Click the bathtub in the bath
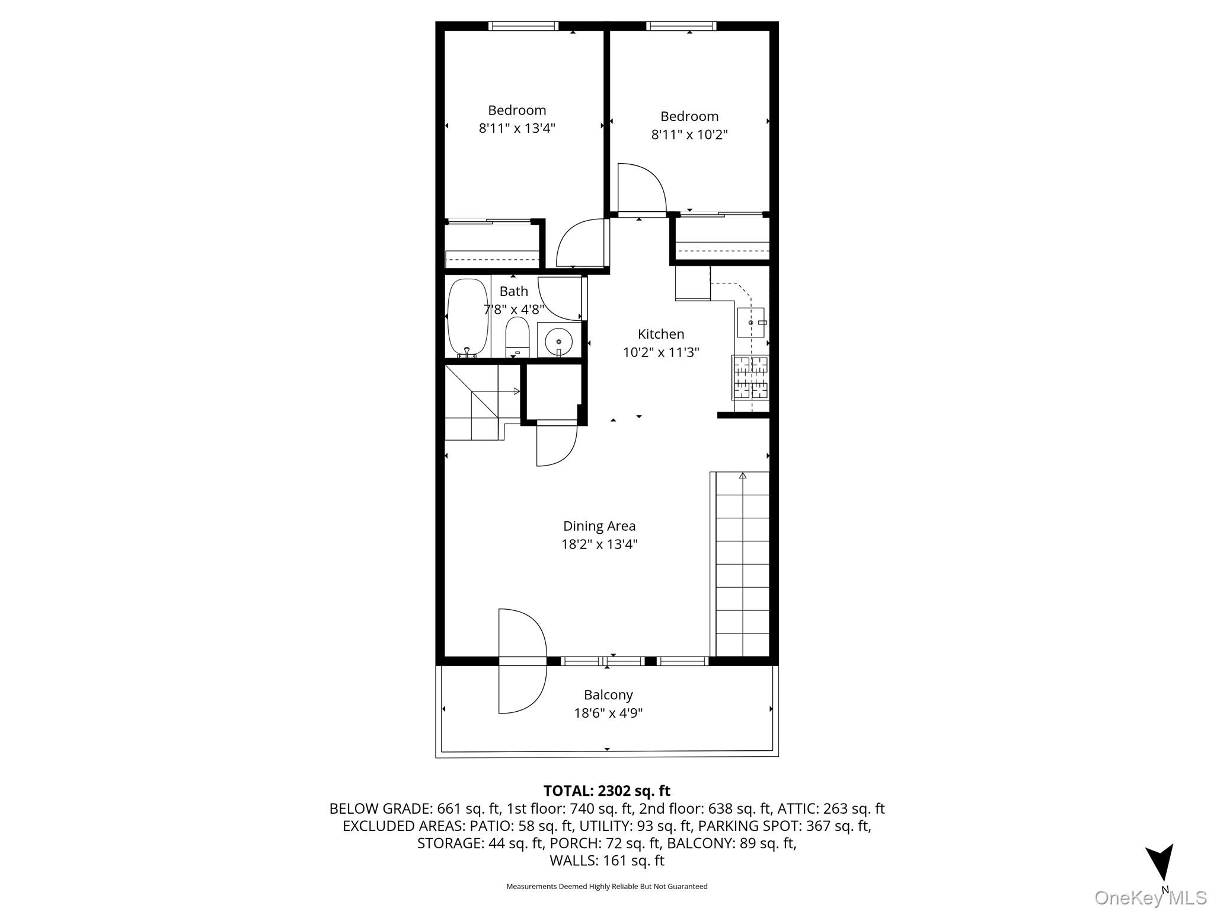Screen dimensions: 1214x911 tap(468, 318)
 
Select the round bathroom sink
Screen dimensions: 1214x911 tap(558, 341)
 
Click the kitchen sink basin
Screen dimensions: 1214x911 tap(750, 323)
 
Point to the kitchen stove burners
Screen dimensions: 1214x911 tap(751, 377)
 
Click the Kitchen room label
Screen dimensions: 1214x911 tap(661, 334)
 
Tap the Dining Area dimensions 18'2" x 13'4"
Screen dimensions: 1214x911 tap(599, 544)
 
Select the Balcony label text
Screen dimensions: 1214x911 tap(608, 695)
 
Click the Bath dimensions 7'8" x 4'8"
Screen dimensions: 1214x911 tap(514, 309)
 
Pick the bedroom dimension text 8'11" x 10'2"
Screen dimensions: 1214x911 tap(689, 135)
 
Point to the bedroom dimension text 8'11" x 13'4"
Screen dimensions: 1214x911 tap(517, 128)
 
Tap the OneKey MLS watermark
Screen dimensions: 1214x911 tap(1151, 897)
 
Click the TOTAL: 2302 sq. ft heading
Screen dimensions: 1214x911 tap(607, 791)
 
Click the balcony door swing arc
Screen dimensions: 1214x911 tap(522, 661)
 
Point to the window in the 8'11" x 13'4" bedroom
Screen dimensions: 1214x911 tap(523, 26)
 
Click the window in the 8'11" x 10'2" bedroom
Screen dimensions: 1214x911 tap(681, 26)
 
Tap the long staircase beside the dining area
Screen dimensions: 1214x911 tap(742, 564)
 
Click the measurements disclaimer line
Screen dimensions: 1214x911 tap(607, 887)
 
